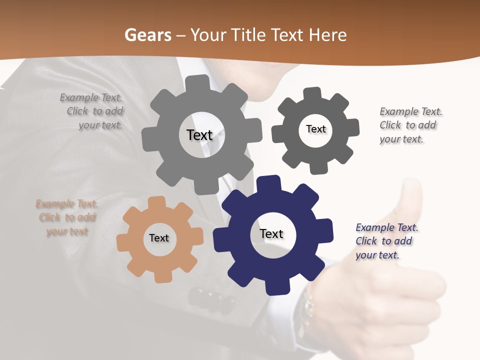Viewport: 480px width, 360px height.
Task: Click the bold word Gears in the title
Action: coord(147,35)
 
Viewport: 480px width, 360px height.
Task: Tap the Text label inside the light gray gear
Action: coord(199,135)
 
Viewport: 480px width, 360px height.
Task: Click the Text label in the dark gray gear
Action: coord(315,129)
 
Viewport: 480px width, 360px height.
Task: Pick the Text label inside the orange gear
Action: coord(159,238)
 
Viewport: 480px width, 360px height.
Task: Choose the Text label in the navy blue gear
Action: coord(271,233)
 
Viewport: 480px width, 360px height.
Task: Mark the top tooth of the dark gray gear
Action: coord(312,94)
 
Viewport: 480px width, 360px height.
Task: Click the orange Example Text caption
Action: coord(67,217)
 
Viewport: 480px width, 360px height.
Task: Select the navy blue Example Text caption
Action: coord(386,241)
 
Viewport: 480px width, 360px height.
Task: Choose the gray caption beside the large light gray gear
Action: coord(93,111)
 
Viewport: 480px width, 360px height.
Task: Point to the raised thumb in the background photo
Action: coord(411,200)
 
